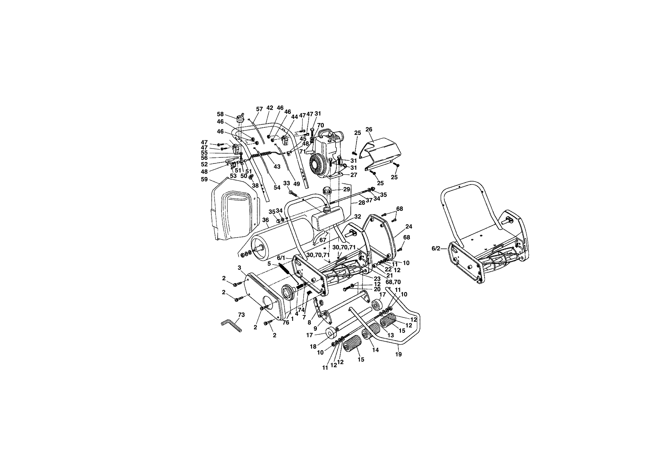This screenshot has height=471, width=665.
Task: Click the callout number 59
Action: coord(204,180)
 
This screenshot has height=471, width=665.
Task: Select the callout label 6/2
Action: coord(436,249)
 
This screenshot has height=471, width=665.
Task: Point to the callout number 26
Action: coord(369,129)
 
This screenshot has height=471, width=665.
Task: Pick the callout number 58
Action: coord(220,114)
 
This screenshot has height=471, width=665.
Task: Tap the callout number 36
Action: coord(265,220)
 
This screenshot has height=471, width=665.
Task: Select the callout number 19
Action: coord(398,354)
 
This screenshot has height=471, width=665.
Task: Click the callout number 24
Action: coord(409,227)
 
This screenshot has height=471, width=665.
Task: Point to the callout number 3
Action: coord(239,268)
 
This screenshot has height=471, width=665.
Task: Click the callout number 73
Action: coord(241,315)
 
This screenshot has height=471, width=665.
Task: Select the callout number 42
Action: coord(269,108)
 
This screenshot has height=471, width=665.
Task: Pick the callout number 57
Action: coord(259,109)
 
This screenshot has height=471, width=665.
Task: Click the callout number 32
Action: coord(357,217)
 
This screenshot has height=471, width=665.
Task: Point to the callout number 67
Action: coord(323,240)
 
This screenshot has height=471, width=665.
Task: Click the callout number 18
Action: coord(313,346)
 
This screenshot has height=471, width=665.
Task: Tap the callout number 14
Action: coord(375,350)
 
